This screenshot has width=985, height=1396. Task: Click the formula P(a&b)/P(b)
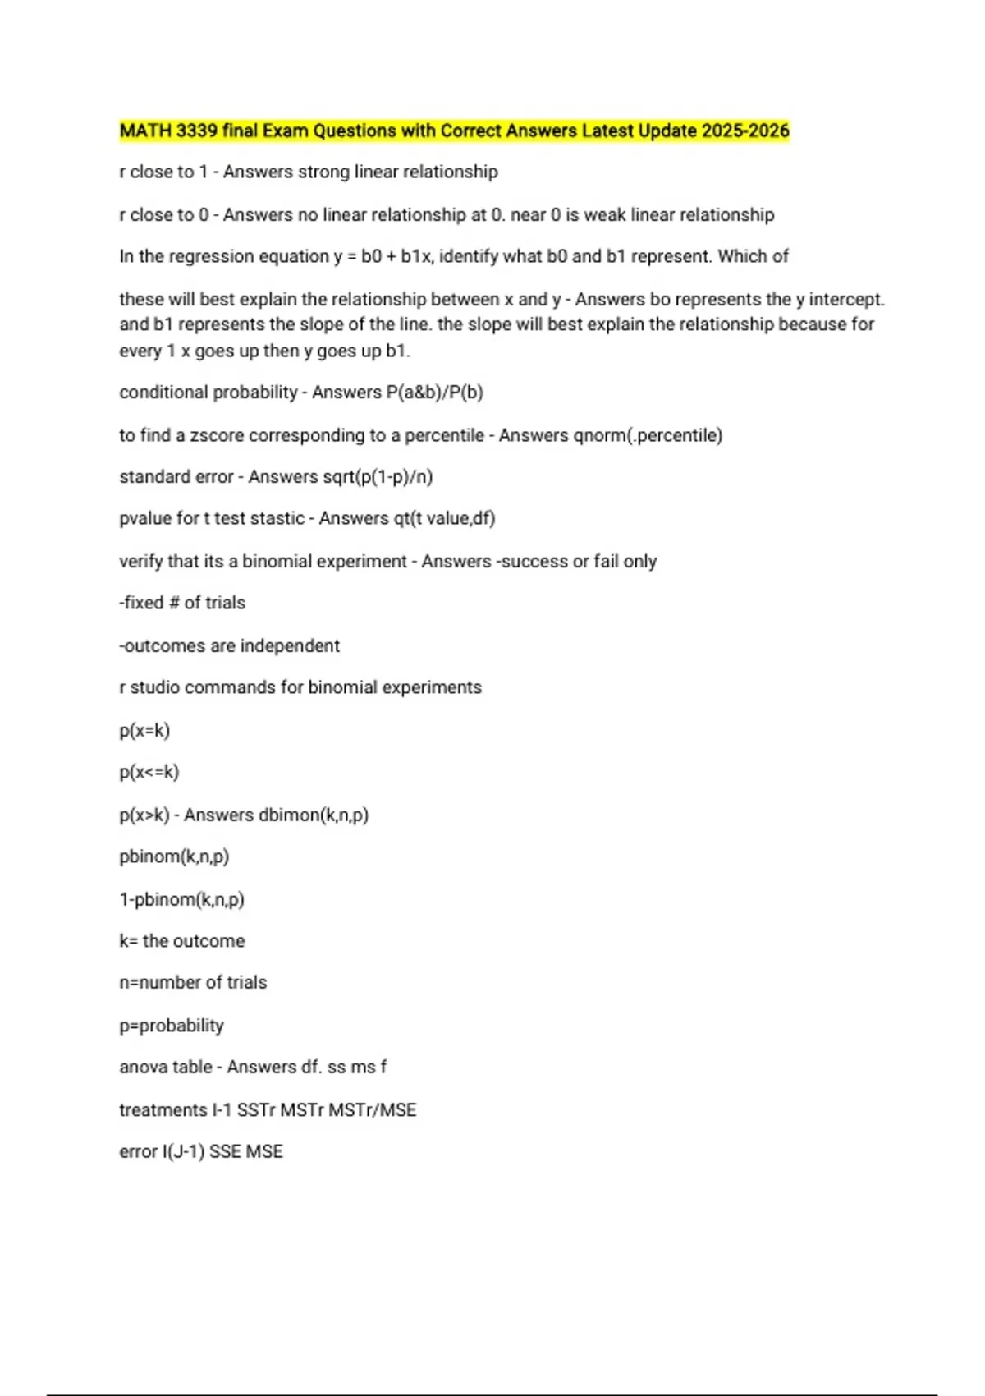pyautogui.click(x=434, y=393)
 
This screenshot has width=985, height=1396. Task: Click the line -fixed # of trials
pyautogui.click(x=182, y=603)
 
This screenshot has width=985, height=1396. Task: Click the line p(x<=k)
pyautogui.click(x=149, y=772)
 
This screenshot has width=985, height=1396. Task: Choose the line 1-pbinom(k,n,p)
pyautogui.click(x=181, y=899)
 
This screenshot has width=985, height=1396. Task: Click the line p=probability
pyautogui.click(x=171, y=1026)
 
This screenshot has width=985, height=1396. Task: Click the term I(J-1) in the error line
pyautogui.click(x=183, y=1151)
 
